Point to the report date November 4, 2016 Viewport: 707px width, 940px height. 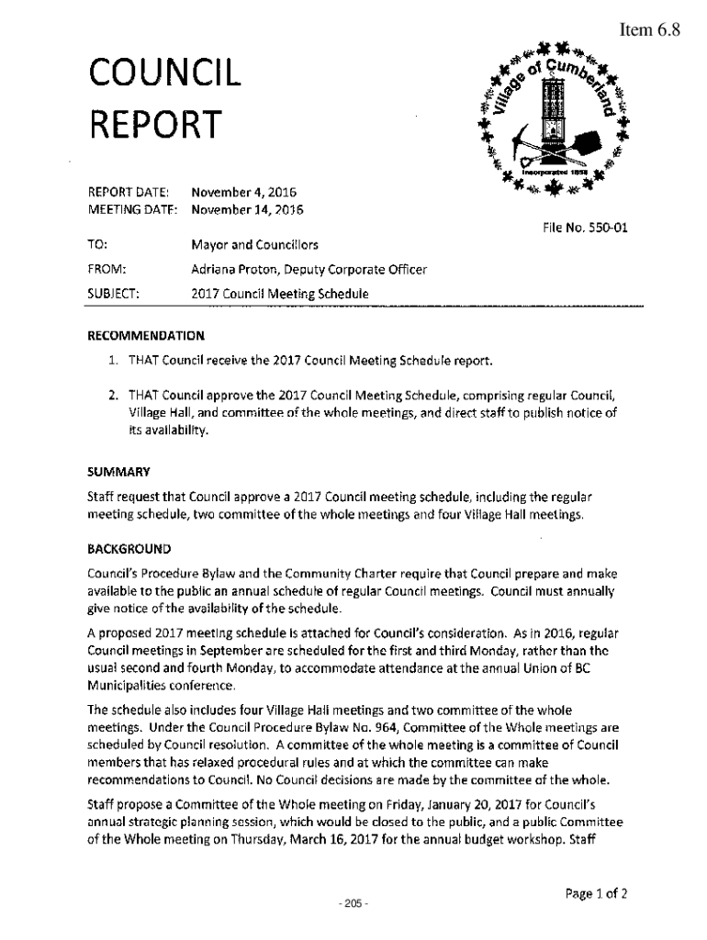point(243,193)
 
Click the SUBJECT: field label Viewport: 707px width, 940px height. point(113,294)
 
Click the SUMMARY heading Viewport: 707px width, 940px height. point(118,472)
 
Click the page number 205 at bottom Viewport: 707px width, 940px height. point(353,905)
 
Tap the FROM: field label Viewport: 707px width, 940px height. point(106,270)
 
